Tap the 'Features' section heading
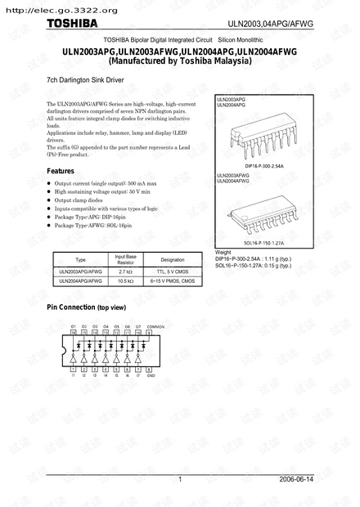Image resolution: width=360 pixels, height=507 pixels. pos(61,170)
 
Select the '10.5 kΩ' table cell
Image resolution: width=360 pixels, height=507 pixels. pos(125,280)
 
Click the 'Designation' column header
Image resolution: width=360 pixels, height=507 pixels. pos(173,259)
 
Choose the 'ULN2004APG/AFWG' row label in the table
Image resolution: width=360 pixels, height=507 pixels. pos(80,280)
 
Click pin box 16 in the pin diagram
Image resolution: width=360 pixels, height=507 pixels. pos(74,333)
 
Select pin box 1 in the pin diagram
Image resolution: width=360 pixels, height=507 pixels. pos(74,370)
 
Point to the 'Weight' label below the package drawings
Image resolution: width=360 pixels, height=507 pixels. pos(223,250)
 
